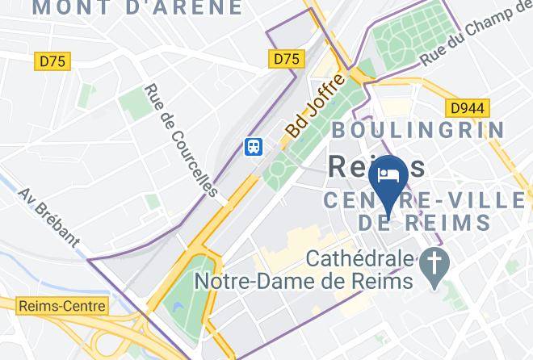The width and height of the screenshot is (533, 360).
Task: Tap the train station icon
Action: pyautogui.click(x=254, y=146)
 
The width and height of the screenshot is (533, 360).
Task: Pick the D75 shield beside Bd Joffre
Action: pyautogui.click(x=286, y=59)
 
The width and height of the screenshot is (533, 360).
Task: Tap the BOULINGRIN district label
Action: pyautogui.click(x=418, y=130)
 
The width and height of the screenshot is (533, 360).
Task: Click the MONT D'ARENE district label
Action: pyautogui.click(x=137, y=8)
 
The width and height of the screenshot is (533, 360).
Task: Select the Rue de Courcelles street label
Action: pyautogui.click(x=181, y=140)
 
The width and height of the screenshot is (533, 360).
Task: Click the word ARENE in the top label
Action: pyautogui.click(x=203, y=8)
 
